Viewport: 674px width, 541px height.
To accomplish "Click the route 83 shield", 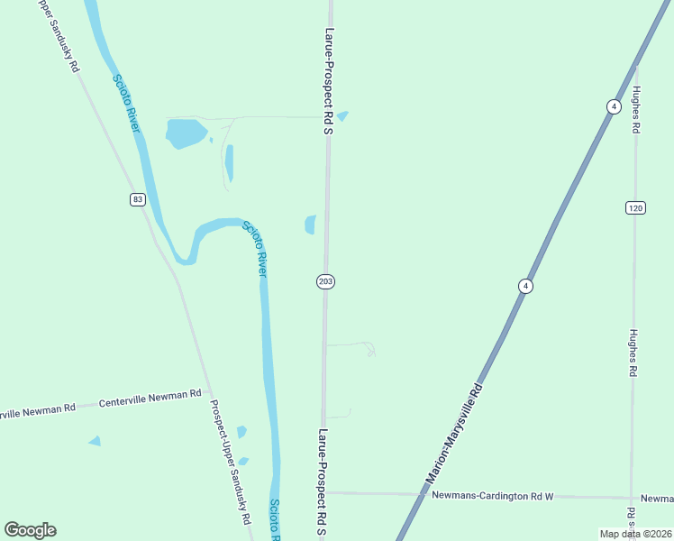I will tap(137, 199).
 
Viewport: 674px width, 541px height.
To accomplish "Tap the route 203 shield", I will tap(326, 282).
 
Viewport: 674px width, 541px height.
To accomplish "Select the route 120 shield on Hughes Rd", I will tap(635, 208).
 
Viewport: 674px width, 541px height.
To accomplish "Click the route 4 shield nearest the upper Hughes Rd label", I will tap(614, 106).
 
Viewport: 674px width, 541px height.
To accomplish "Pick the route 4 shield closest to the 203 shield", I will tap(524, 286).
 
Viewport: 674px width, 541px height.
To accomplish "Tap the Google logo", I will tap(30, 530).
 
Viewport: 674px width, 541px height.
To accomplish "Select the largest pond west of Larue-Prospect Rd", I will tap(185, 133).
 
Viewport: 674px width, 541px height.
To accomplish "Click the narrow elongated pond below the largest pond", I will tap(230, 162).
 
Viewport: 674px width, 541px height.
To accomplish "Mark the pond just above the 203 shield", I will tap(310, 224).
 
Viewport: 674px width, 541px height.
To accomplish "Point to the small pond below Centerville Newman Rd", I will tap(95, 441).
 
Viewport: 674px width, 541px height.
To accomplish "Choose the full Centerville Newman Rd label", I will tap(150, 397).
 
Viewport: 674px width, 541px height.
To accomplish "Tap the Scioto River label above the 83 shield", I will tap(126, 103).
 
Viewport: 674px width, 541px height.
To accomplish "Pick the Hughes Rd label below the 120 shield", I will tap(634, 352).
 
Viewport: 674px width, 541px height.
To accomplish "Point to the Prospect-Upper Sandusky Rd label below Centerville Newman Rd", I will tap(229, 463).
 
